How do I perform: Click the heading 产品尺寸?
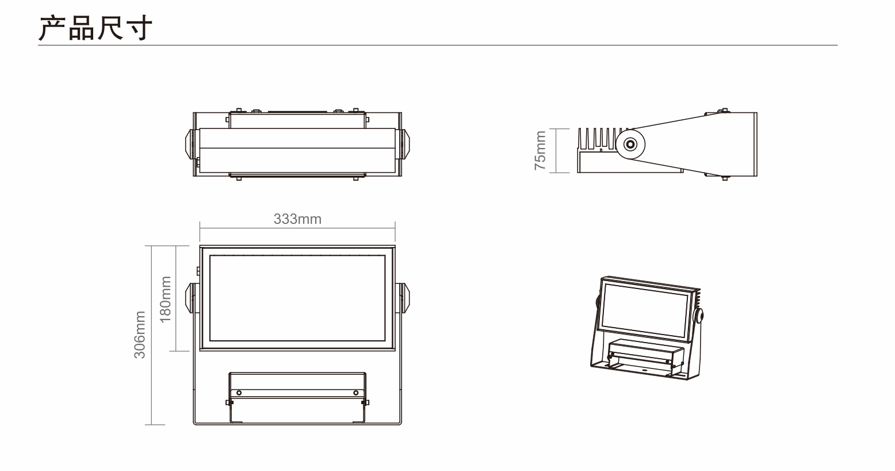point(95,28)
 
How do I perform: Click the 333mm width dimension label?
point(297,219)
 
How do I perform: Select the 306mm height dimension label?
point(140,335)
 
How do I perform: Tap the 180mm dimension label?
point(166,299)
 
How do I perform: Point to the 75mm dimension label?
point(540,150)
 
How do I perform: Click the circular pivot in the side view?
point(630,144)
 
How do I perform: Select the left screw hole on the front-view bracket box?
point(239,393)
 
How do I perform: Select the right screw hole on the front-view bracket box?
point(355,393)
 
